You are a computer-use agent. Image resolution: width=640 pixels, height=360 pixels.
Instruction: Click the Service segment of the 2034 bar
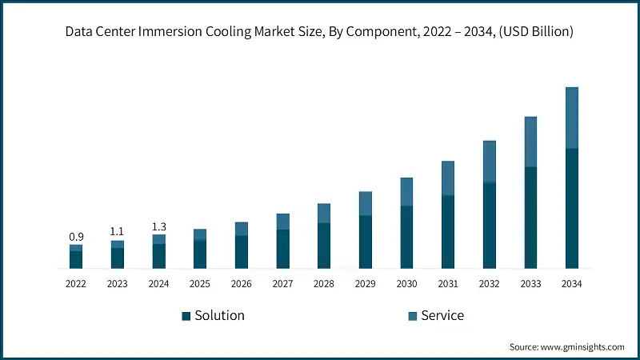572,118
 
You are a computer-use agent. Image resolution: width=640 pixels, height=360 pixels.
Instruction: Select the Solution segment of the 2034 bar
572,208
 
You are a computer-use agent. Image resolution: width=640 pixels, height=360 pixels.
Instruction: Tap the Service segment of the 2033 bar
530,142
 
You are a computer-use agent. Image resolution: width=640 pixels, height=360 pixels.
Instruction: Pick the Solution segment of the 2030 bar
406,237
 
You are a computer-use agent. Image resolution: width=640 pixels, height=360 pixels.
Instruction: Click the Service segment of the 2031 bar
448,178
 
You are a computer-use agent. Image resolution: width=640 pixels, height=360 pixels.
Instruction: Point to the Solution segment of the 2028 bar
324,245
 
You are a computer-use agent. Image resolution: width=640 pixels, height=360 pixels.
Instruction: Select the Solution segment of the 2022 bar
76,259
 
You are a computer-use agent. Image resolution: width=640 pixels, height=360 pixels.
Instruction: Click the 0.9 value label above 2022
76,237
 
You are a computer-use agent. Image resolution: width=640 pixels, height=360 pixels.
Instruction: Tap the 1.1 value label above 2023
118,232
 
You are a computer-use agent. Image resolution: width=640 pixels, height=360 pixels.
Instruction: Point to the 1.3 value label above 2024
158,227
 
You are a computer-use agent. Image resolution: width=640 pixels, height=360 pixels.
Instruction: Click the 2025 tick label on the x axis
200,284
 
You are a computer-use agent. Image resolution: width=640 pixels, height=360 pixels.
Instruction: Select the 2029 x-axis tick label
365,284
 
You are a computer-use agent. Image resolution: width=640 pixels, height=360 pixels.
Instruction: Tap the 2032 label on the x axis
489,284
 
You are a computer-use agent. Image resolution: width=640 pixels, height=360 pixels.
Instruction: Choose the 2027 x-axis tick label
282,284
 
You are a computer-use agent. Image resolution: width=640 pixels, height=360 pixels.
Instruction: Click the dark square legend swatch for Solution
186,316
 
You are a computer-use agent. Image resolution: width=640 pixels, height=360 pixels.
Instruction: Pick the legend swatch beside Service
413,316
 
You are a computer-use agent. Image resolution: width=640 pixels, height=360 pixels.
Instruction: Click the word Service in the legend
442,315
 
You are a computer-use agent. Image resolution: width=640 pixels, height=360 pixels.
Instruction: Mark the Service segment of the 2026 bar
242,229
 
